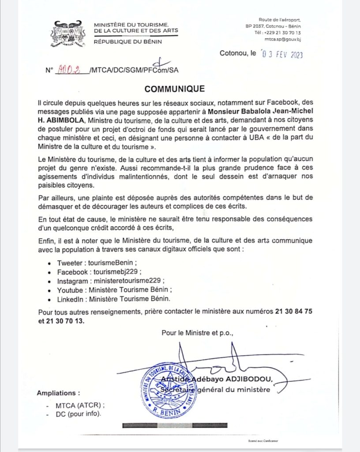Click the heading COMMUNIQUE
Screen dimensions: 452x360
click(x=175, y=89)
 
